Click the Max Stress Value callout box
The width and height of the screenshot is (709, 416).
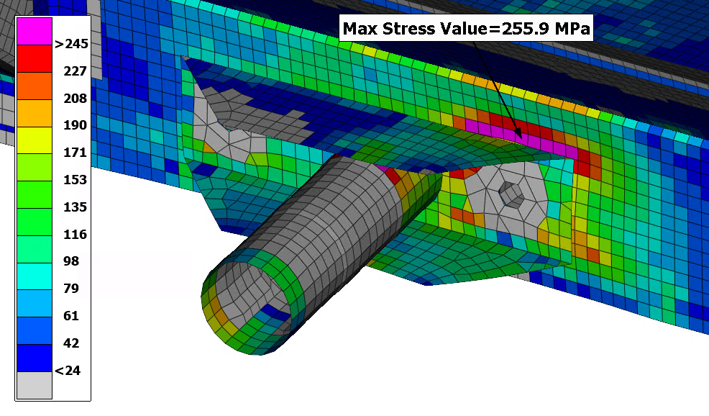[466, 28]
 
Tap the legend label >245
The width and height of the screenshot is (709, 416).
[71, 44]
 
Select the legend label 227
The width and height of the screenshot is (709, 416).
[75, 71]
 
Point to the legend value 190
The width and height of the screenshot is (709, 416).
[75, 125]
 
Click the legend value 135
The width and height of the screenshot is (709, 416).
[75, 207]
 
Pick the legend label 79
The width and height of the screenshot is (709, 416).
[71, 289]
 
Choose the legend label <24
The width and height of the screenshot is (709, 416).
[68, 371]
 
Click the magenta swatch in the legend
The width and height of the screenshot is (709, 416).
[35, 31]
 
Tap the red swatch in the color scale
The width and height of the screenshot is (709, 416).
[35, 58]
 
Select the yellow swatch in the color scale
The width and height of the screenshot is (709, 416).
[35, 140]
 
